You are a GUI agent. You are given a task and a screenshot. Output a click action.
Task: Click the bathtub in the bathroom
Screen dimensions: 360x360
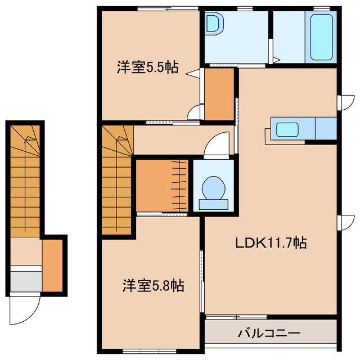321,38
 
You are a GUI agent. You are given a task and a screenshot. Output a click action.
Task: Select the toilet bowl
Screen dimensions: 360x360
214,188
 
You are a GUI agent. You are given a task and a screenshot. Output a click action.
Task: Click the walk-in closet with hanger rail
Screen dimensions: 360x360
162,186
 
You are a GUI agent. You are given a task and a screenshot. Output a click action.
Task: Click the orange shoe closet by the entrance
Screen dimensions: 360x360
53,264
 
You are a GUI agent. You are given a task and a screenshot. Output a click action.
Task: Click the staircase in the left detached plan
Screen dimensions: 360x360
25,180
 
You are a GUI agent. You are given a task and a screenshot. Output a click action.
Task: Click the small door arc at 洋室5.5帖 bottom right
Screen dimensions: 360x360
194,112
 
